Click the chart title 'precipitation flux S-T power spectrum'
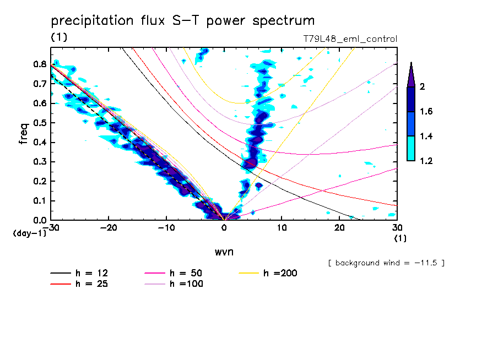(183, 21)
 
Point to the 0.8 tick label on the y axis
(40, 64)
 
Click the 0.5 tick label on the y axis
(40, 123)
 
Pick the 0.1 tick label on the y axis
(40, 201)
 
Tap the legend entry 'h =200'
(280, 274)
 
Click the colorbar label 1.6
(426, 112)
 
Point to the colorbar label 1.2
(426, 161)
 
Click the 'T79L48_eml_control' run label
(350, 39)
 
